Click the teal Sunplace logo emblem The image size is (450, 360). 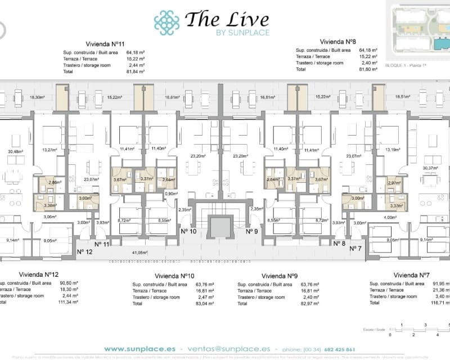coord(166,22)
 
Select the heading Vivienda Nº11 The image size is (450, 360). coord(104,43)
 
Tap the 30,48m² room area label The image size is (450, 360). coord(16,151)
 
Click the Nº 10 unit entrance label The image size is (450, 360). coord(188,231)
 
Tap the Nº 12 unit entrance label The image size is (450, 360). coord(84,251)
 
